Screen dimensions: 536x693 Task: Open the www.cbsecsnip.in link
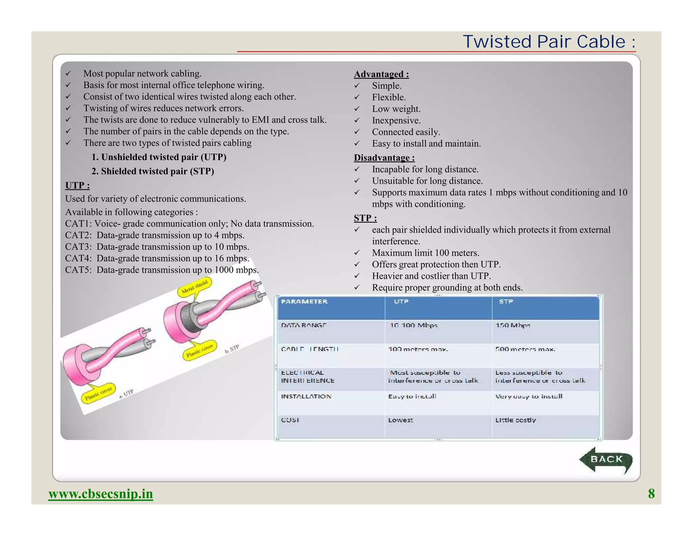(x=100, y=494)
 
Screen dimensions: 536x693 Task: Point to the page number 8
(x=651, y=493)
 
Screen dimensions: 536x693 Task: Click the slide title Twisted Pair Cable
(x=549, y=42)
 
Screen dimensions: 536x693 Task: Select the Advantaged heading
(x=381, y=74)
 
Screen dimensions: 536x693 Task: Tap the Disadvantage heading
(x=384, y=158)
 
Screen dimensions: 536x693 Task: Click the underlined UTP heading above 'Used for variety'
(x=77, y=185)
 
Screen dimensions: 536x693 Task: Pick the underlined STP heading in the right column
(x=365, y=218)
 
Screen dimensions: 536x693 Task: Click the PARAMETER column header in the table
(x=304, y=302)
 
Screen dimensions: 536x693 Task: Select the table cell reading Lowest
(x=401, y=420)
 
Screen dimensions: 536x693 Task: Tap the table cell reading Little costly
(x=515, y=420)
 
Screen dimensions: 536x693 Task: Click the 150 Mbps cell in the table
(x=512, y=325)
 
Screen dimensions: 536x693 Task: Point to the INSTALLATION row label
(x=306, y=396)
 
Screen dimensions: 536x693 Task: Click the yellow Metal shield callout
(x=195, y=287)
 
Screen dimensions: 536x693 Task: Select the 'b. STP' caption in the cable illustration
(x=232, y=349)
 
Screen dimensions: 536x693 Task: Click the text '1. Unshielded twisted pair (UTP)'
(x=159, y=157)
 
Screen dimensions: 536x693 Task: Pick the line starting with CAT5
(x=162, y=270)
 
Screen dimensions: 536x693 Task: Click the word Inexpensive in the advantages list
(x=396, y=120)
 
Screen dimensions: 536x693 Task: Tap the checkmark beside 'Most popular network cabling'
(x=68, y=74)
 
